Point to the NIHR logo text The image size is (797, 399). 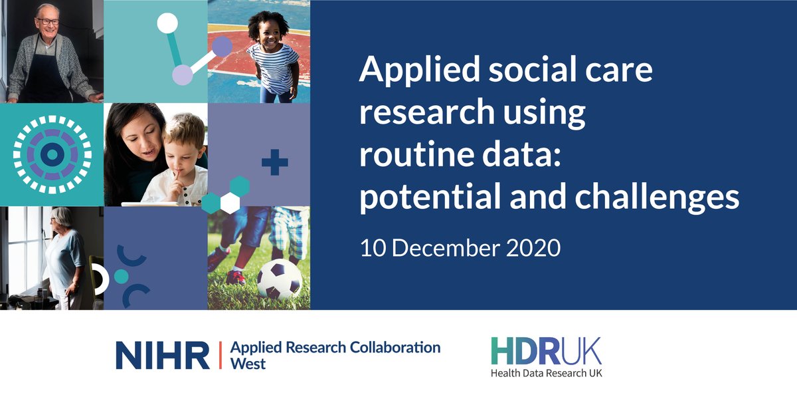click(163, 355)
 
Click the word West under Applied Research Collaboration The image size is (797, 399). click(247, 364)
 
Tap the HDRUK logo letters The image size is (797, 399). click(546, 350)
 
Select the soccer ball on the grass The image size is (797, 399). click(279, 280)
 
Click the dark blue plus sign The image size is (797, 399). click(274, 163)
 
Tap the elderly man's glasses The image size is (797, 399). click(48, 21)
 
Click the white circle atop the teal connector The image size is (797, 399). click(167, 23)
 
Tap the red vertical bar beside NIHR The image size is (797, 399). click(220, 355)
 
